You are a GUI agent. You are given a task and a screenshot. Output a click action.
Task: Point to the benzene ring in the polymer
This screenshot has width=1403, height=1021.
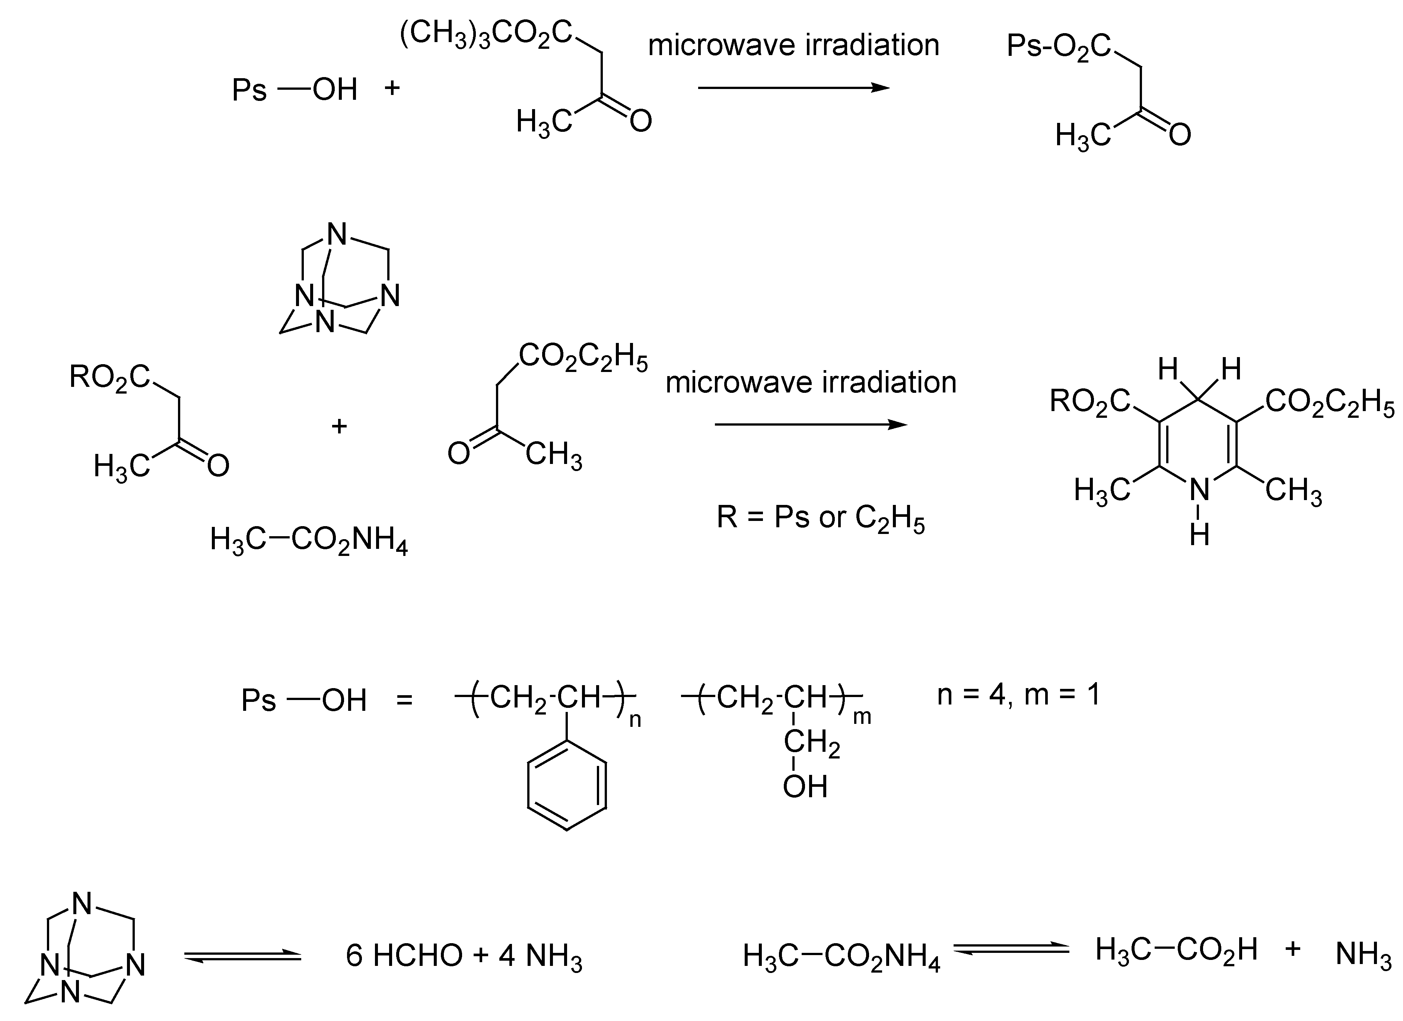click(567, 786)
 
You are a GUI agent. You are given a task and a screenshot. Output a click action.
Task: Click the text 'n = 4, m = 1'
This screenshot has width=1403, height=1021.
click(1019, 694)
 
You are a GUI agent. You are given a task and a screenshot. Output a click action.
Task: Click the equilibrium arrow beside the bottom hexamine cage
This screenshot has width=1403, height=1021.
click(242, 957)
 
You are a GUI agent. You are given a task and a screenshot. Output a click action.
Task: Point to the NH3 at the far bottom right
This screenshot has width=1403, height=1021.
click(1364, 955)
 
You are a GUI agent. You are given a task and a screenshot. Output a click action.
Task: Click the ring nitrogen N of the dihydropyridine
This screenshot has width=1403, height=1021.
click(1199, 491)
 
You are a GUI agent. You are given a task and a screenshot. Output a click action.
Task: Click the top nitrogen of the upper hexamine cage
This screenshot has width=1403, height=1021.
click(337, 235)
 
